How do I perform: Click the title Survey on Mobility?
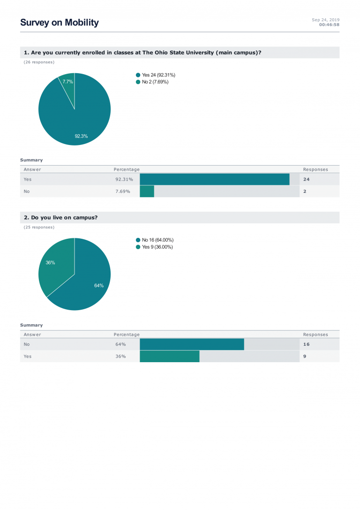[x=60, y=23]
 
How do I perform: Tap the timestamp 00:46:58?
[x=329, y=24]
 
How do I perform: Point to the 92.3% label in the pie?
[x=81, y=136]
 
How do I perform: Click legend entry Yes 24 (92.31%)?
[x=158, y=75]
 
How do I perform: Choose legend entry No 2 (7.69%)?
[x=155, y=82]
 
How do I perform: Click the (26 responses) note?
[x=39, y=62]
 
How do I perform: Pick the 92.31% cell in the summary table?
[x=124, y=179]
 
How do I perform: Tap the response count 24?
[x=306, y=179]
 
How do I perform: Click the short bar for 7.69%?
[x=147, y=191]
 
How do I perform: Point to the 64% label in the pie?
[x=99, y=285]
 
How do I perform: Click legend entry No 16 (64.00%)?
[x=157, y=240]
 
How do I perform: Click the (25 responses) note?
[x=39, y=227]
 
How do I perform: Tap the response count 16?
[x=306, y=344]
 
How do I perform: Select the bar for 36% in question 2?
[x=169, y=357]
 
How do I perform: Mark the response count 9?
[x=305, y=357]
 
